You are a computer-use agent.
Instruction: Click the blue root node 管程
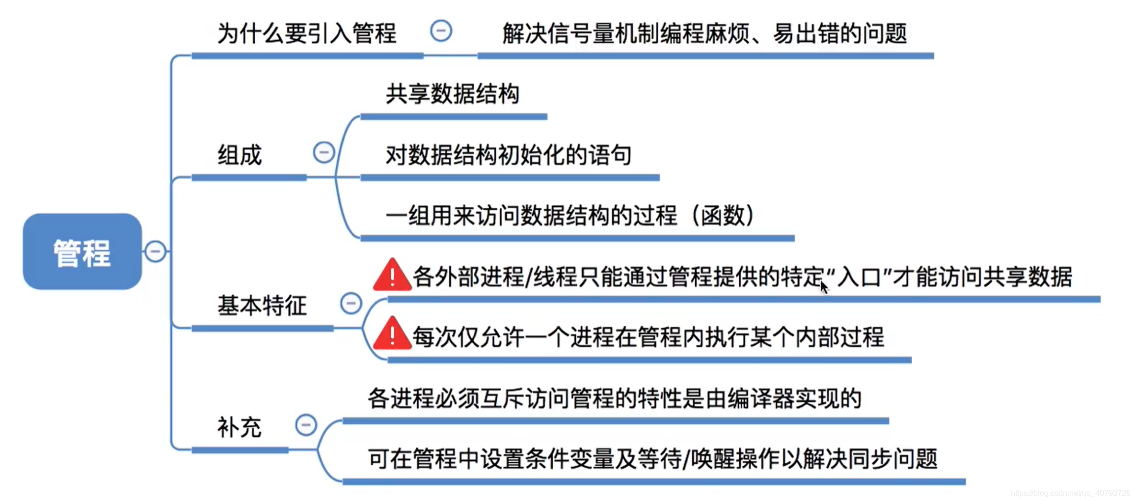(x=82, y=251)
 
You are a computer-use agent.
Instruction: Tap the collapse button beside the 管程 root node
(x=156, y=251)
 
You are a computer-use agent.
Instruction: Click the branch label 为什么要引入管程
(x=306, y=33)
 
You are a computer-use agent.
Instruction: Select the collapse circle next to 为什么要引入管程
(x=441, y=31)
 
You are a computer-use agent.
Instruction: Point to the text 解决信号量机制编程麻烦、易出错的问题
(x=704, y=33)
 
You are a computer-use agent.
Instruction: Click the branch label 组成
(x=240, y=155)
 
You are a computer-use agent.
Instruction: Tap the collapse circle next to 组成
(x=324, y=152)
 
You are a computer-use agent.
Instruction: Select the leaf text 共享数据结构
(x=452, y=94)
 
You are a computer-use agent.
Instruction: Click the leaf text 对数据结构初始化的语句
(x=508, y=155)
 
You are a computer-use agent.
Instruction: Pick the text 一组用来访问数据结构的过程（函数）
(x=569, y=216)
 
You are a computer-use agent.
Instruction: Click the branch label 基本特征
(x=262, y=306)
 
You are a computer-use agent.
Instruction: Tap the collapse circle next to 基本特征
(x=351, y=303)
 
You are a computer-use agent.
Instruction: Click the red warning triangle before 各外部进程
(x=392, y=276)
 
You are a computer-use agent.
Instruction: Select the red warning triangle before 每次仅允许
(x=392, y=335)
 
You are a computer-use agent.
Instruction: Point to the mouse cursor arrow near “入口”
(x=824, y=286)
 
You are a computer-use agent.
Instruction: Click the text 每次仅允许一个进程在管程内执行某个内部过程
(x=648, y=337)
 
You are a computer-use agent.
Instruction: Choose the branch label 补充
(x=239, y=427)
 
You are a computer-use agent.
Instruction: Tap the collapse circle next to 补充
(x=306, y=425)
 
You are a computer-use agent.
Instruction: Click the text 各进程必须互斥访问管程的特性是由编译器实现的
(x=615, y=398)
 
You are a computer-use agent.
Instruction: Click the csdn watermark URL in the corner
(x=1070, y=493)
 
